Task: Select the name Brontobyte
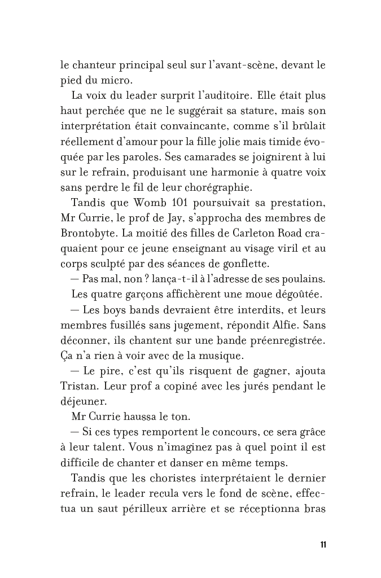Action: tap(88, 232)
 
